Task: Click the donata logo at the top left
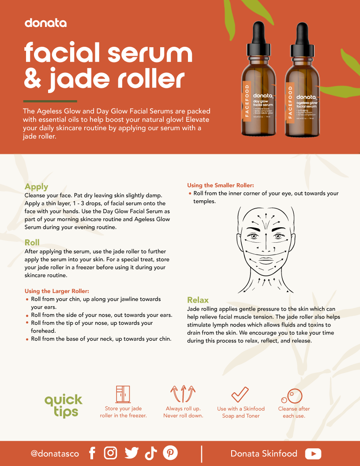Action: pyautogui.click(x=45, y=23)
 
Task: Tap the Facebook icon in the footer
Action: pyautogui.click(x=92, y=453)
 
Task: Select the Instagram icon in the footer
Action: pyautogui.click(x=111, y=453)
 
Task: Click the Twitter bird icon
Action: pyautogui.click(x=131, y=453)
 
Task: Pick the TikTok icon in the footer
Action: pyautogui.click(x=151, y=453)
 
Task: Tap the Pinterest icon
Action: pyautogui.click(x=170, y=453)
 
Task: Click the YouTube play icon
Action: pyautogui.click(x=313, y=454)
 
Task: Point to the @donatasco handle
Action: pyautogui.click(x=55, y=454)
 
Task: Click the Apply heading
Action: pyautogui.click(x=36, y=187)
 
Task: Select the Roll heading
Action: pyautogui.click(x=32, y=242)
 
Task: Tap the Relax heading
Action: pyautogui.click(x=198, y=300)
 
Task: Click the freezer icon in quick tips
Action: pyautogui.click(x=123, y=394)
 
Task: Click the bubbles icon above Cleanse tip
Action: pyautogui.click(x=292, y=396)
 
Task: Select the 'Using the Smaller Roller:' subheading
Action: pyautogui.click(x=221, y=185)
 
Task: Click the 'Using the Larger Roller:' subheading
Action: pyautogui.click(x=57, y=291)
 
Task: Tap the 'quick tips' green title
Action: pyautogui.click(x=64, y=406)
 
